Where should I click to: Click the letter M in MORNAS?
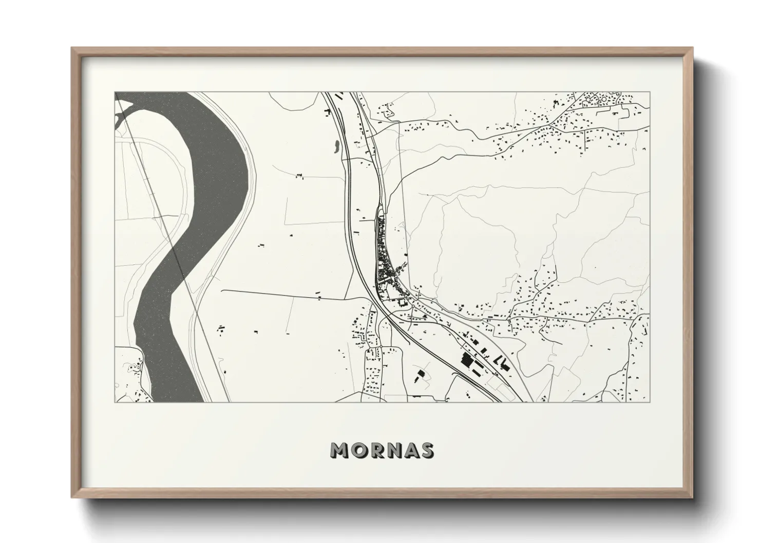[x=341, y=450]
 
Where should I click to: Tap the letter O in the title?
[x=360, y=450]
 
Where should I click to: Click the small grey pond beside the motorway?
[x=336, y=146]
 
